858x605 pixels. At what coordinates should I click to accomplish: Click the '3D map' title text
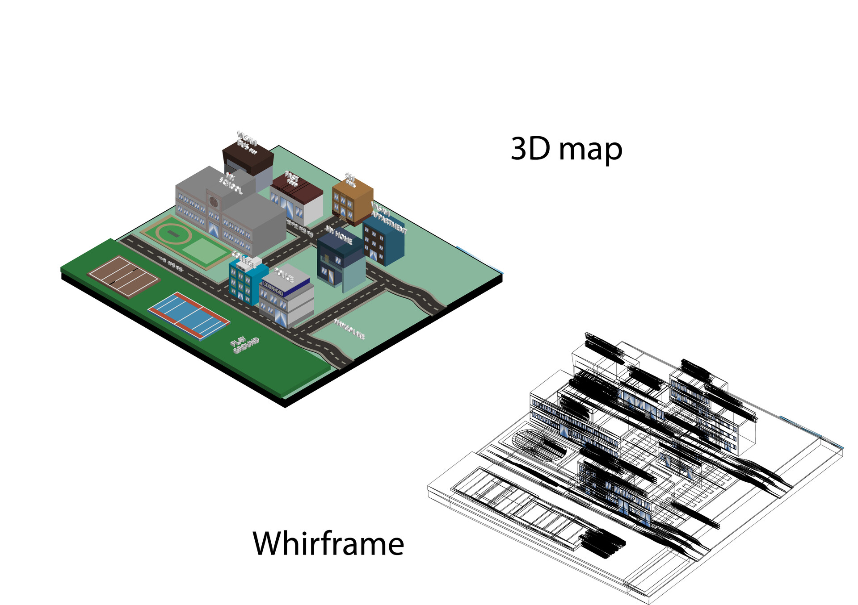[566, 150]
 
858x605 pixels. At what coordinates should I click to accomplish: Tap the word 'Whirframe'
[328, 543]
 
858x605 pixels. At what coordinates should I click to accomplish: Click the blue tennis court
[189, 315]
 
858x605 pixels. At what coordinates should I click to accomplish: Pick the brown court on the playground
[123, 276]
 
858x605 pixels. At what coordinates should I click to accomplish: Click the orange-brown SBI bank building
[352, 201]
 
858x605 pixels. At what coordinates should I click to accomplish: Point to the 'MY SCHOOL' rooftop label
[231, 183]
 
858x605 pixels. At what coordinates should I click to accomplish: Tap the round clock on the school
[214, 202]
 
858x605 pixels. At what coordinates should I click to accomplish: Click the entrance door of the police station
[281, 317]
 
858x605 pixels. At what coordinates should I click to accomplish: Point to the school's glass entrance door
[214, 229]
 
